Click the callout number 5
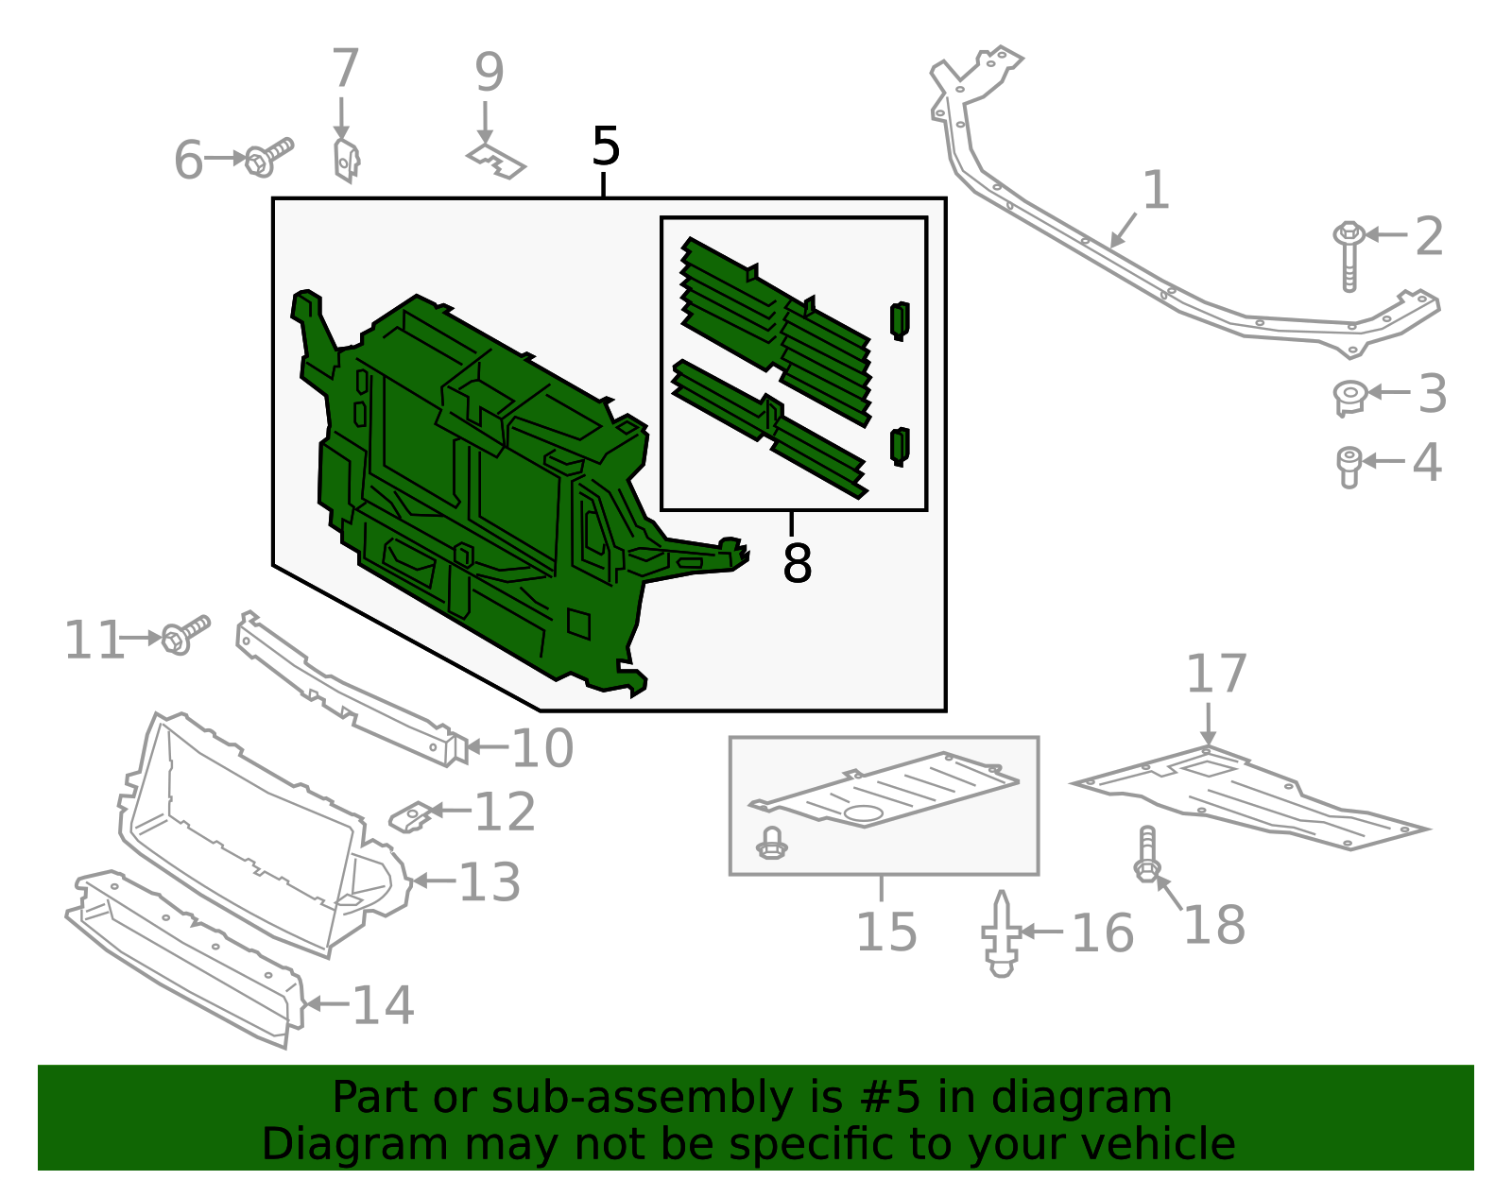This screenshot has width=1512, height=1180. click(x=606, y=147)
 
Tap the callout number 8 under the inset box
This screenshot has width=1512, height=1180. click(x=797, y=564)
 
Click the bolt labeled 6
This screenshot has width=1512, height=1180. click(x=268, y=158)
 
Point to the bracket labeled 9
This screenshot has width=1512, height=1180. click(x=496, y=162)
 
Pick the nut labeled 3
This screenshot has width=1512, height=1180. click(x=1349, y=396)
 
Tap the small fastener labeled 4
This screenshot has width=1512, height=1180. click(x=1349, y=466)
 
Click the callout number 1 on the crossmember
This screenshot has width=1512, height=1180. click(x=1156, y=190)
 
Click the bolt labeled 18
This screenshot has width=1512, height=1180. click(x=1146, y=856)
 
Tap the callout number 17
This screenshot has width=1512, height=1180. click(x=1216, y=675)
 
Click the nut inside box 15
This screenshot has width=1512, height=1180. click(x=772, y=843)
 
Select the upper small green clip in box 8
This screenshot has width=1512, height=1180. click(x=900, y=320)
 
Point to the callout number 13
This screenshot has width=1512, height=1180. click(x=490, y=882)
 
